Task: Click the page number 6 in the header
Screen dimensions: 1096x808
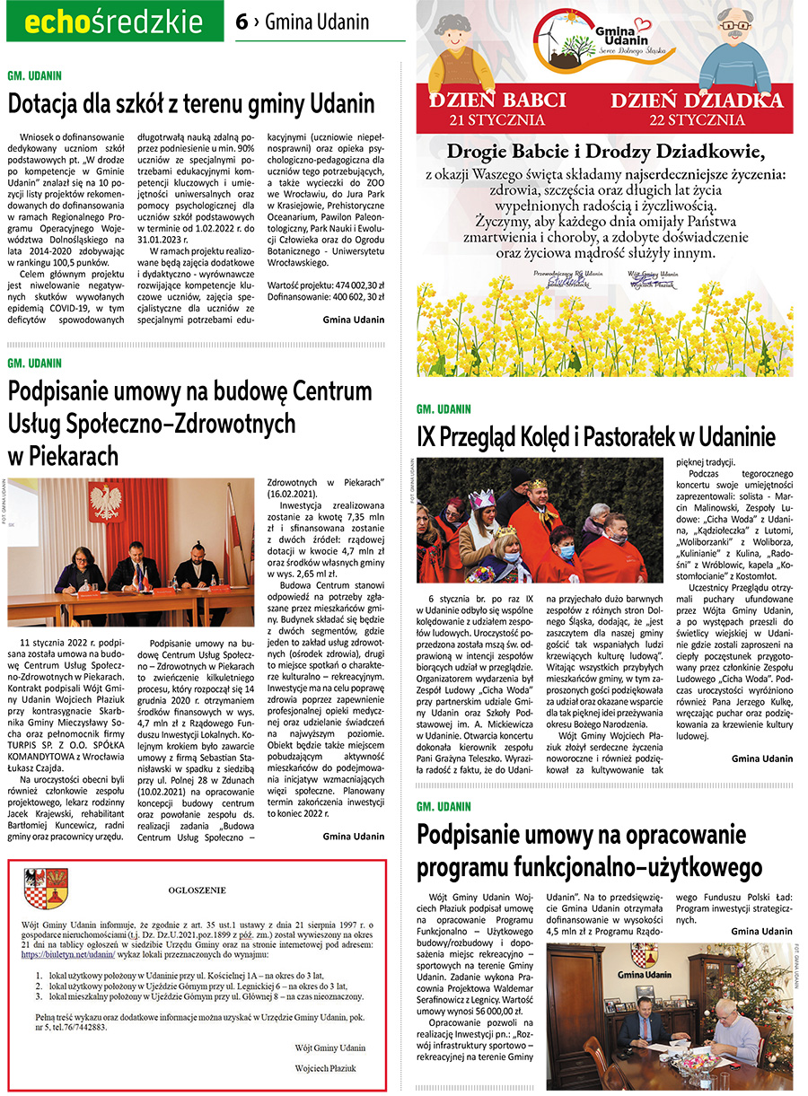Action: tap(242, 23)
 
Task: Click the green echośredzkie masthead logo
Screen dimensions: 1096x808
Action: tap(114, 22)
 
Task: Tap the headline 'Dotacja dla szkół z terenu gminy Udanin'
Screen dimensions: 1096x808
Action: tap(190, 103)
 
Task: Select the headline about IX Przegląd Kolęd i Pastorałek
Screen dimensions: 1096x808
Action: tap(596, 437)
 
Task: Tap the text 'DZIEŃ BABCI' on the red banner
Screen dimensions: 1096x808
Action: tap(497, 101)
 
